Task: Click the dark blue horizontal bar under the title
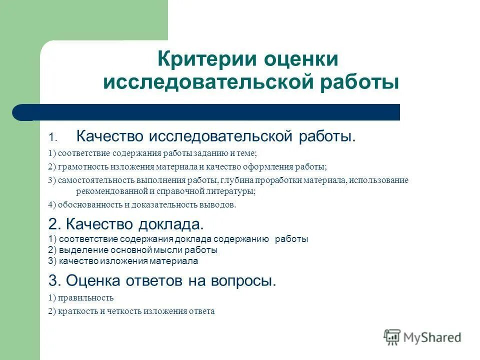coord(210,112)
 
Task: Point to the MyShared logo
coord(422,337)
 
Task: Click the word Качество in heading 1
coord(108,136)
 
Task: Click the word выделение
coord(80,250)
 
